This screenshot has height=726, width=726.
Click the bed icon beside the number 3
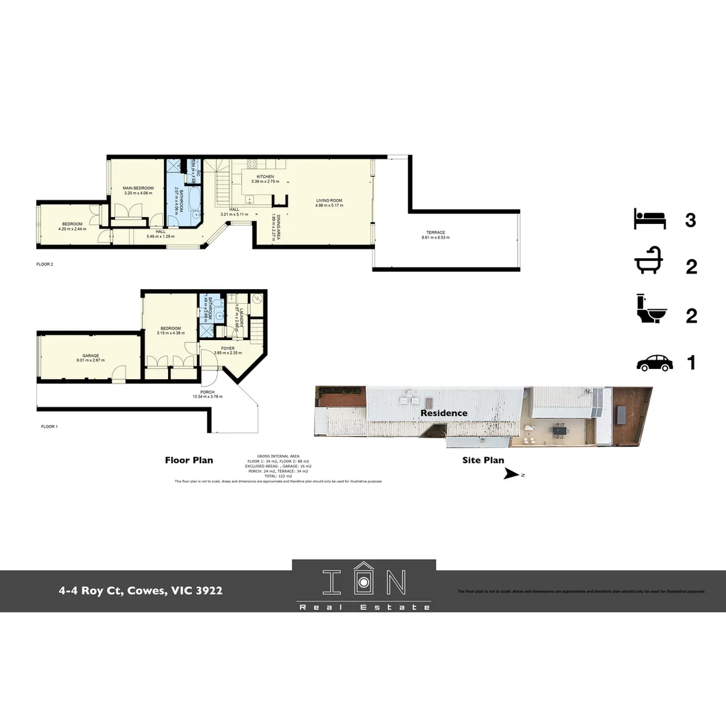649,219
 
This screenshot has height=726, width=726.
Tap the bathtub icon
649,266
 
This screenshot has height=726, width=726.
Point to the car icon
654,363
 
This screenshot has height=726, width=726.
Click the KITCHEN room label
266,177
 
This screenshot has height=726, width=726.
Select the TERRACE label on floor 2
433,233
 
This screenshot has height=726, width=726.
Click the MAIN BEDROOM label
138,188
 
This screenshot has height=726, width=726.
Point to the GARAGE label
91,356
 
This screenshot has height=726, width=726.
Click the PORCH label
208,392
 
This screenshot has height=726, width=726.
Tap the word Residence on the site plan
444,413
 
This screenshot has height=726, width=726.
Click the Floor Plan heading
189,460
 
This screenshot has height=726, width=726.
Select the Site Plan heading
483,460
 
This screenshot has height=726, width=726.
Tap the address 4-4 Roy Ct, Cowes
140,591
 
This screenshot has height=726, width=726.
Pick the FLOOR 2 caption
44,264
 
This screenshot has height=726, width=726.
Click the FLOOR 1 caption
50,427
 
